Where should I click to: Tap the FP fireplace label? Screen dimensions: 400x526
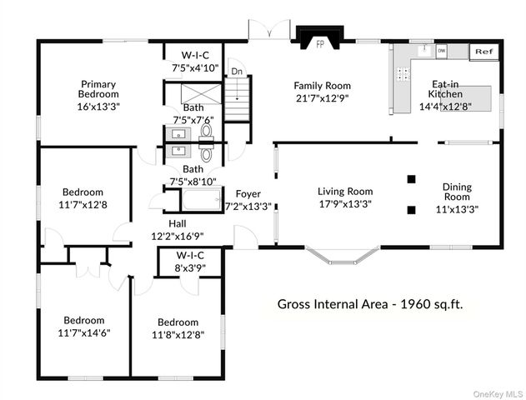coord(319,45)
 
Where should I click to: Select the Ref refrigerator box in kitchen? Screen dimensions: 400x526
coord(483,52)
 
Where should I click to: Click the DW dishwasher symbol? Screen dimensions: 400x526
coord(441,52)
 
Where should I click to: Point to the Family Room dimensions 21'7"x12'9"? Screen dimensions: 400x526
coord(322,97)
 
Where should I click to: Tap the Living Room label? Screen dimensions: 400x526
coord(344,191)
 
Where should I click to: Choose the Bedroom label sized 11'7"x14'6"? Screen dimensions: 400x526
coord(81,320)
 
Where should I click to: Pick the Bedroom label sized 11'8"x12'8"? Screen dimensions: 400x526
coord(178,322)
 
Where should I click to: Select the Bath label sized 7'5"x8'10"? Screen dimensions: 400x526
coord(193,169)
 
